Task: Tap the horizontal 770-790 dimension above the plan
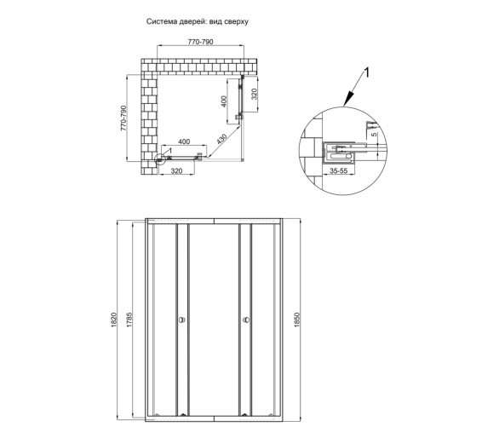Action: click(200, 42)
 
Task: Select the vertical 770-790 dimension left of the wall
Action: click(123, 118)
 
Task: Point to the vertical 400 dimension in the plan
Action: click(224, 101)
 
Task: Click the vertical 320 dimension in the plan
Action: click(254, 94)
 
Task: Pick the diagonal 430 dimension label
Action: click(221, 139)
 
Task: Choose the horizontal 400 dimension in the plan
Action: click(184, 141)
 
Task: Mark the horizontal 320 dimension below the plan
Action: click(176, 171)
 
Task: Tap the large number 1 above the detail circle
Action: click(367, 72)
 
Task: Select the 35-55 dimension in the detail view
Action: click(338, 170)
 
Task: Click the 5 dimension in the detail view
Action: click(375, 134)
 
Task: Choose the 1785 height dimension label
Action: click(129, 320)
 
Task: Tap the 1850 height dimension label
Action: click(297, 320)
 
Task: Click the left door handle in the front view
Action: click(182, 320)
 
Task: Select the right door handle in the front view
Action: click(246, 320)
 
